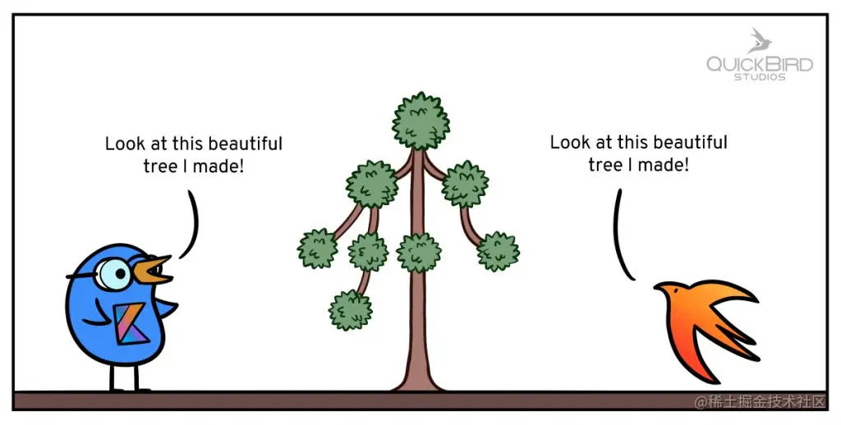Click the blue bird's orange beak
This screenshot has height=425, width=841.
(155, 270)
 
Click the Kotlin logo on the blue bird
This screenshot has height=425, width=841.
(130, 323)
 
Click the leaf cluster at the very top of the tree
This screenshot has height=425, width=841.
(420, 120)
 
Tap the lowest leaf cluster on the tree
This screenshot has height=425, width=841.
(351, 310)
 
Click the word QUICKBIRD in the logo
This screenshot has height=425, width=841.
(760, 64)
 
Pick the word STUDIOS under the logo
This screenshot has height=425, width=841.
(760, 77)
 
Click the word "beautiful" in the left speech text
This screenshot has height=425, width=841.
(245, 144)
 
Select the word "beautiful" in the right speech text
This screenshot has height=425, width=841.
(690, 143)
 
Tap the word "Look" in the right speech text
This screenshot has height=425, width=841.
(569, 143)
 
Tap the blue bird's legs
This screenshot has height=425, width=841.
(121, 376)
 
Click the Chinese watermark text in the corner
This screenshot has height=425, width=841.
(759, 401)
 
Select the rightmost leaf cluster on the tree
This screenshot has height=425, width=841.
(498, 251)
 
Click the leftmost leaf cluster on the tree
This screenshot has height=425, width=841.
(317, 248)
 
